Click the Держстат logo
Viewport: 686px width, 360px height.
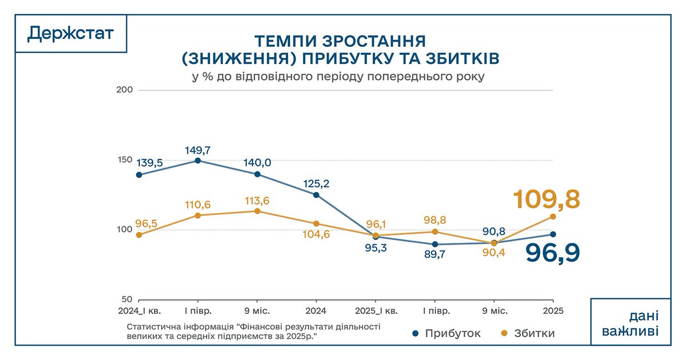[x=70, y=34]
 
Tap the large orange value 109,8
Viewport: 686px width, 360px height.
[x=547, y=200]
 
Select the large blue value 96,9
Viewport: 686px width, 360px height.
[x=553, y=253]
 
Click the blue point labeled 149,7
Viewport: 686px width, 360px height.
[x=198, y=161]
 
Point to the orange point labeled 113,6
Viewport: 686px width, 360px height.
[x=257, y=211]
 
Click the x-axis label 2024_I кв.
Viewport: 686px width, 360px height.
[x=139, y=311]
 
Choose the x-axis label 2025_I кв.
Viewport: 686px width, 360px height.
[x=375, y=311]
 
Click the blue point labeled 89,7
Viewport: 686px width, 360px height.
[x=435, y=244]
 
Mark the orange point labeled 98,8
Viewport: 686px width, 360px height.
[x=435, y=231]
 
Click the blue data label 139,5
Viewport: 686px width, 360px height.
[x=150, y=163]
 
